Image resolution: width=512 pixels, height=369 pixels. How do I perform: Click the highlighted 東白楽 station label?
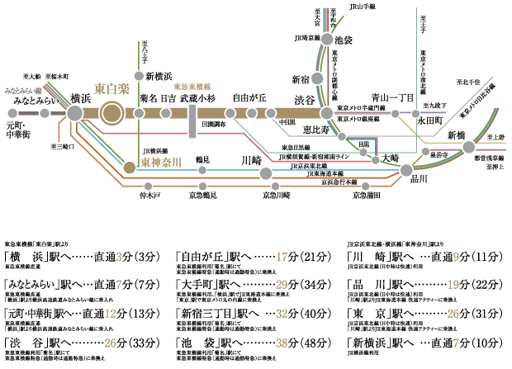[112, 88]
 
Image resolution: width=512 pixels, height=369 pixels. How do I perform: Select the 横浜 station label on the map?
[81, 96]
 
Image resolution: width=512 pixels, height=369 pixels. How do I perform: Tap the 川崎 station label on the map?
[251, 159]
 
